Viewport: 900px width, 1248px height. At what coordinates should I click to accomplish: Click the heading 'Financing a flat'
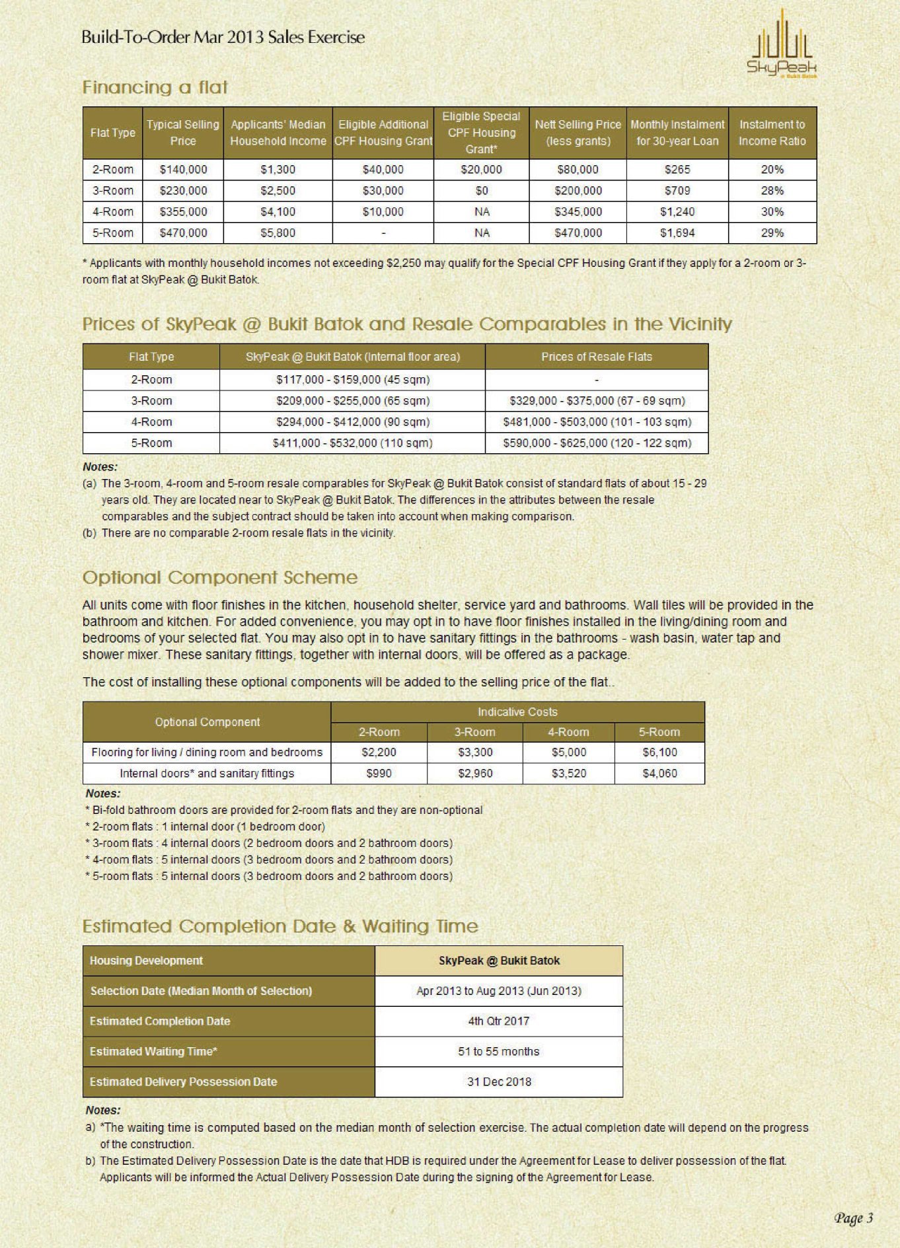(x=155, y=87)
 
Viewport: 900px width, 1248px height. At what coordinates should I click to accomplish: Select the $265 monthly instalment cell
(x=677, y=170)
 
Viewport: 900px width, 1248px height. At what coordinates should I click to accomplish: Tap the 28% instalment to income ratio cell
(x=772, y=191)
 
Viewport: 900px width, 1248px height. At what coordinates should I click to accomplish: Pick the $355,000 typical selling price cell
(x=183, y=212)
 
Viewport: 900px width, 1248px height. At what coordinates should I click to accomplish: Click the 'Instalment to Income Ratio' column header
(x=772, y=133)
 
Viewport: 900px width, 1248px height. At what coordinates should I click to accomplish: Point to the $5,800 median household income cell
(x=278, y=233)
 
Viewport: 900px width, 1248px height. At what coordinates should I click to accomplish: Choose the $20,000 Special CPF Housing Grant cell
(x=481, y=170)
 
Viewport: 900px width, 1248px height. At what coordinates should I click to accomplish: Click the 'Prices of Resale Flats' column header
(x=596, y=357)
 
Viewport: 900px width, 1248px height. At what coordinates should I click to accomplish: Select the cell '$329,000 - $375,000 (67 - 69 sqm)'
(x=597, y=401)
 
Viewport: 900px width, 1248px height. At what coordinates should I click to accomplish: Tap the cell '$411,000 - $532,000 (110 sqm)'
(x=352, y=443)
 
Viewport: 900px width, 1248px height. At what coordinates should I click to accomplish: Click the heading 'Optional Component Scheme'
(x=219, y=577)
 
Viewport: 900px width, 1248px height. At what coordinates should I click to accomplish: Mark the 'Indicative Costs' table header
(x=517, y=712)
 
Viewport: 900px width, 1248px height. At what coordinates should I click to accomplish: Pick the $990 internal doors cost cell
(x=379, y=774)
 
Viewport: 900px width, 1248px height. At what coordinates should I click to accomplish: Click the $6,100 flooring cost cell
(x=659, y=752)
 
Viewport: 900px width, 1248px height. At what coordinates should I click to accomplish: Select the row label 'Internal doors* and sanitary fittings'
(x=207, y=774)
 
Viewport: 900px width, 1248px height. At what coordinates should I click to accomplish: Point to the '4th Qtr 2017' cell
(x=498, y=1021)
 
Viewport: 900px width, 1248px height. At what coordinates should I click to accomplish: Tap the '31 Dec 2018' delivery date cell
(x=498, y=1082)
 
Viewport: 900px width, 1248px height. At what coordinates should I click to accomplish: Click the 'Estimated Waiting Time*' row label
(x=154, y=1052)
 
